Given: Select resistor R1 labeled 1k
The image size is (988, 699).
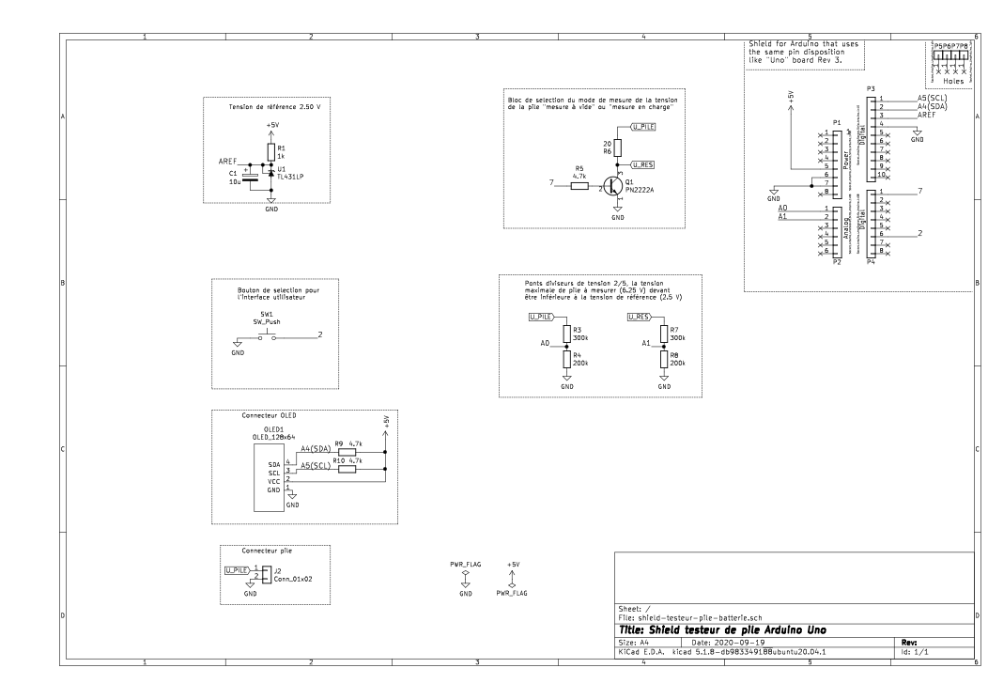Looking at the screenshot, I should click(x=271, y=151).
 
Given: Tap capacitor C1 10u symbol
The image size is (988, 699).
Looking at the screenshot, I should click(x=250, y=176).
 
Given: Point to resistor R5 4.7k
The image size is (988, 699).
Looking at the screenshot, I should click(x=579, y=186).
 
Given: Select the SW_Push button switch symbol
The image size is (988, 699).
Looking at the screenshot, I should click(x=267, y=335).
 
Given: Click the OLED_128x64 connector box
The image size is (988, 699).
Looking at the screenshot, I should click(x=270, y=477).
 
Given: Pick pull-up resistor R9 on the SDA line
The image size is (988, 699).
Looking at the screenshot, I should click(x=347, y=451).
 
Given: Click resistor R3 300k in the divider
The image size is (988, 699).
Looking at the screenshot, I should click(x=566, y=334).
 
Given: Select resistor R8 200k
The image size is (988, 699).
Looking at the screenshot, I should click(x=663, y=359).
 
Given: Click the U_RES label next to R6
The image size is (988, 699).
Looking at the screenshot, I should click(x=643, y=163).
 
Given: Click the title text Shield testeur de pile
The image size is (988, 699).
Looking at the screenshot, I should click(x=723, y=628).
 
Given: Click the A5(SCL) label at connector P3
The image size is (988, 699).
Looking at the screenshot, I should click(x=932, y=98).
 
